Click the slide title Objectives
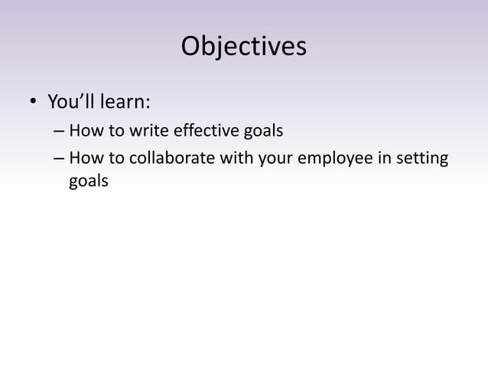click(x=243, y=47)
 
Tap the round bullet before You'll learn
click(x=33, y=103)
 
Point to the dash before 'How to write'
click(x=59, y=132)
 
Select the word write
click(x=144, y=131)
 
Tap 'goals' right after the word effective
click(x=262, y=132)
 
